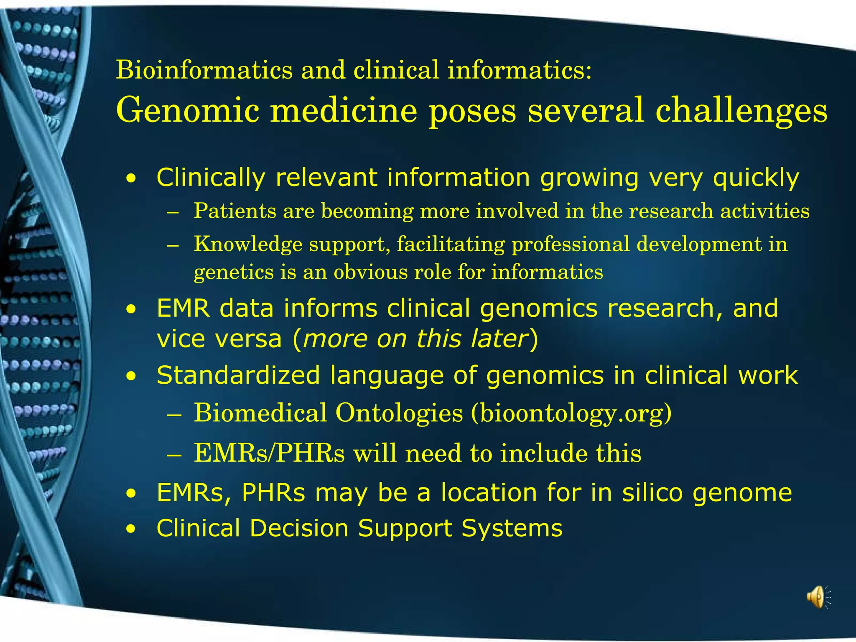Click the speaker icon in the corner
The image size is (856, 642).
(817, 597)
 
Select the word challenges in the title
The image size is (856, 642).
(741, 110)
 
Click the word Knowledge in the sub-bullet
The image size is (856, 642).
(248, 245)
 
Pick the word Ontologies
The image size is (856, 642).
(399, 413)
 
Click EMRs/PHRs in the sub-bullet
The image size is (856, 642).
(269, 453)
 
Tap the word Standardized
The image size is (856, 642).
(238, 375)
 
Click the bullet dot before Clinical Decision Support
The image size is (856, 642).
(132, 530)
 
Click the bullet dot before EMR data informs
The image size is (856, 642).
(132, 310)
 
